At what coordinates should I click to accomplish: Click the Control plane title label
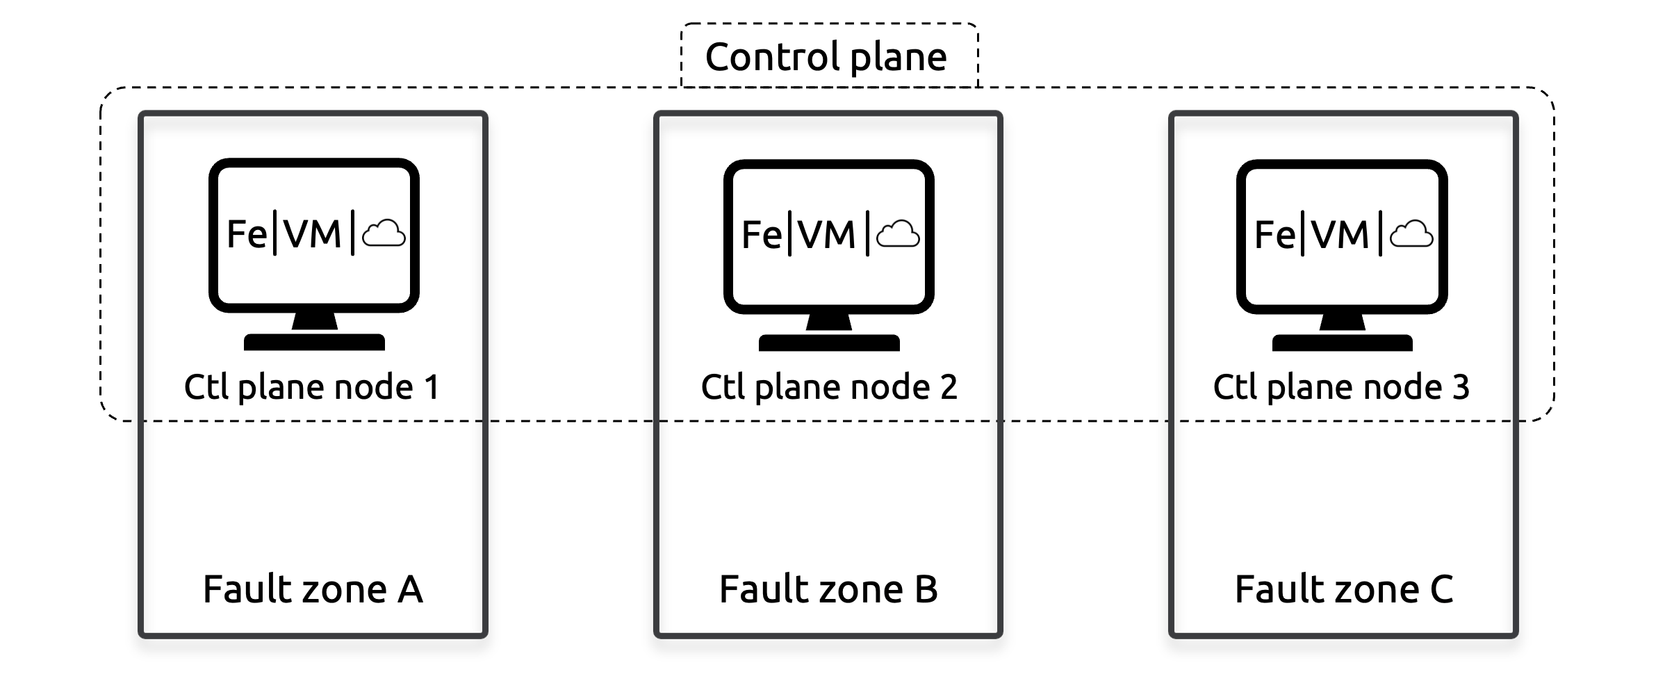(x=826, y=57)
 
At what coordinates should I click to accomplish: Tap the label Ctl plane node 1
(x=312, y=387)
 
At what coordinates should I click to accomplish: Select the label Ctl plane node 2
(x=828, y=387)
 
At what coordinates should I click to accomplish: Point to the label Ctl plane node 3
(x=1341, y=387)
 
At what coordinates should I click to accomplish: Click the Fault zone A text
(x=313, y=589)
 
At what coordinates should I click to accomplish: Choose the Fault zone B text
(x=828, y=589)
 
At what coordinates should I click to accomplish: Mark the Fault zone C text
(x=1343, y=589)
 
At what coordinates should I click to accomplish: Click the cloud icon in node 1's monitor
(x=384, y=233)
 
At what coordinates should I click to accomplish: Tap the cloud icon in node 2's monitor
(x=899, y=234)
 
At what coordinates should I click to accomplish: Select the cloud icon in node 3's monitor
(x=1411, y=234)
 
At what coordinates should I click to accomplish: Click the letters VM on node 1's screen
(x=313, y=234)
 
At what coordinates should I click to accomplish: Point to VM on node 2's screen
(x=827, y=235)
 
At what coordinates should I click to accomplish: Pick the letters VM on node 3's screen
(x=1340, y=235)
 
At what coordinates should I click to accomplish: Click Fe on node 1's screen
(x=247, y=234)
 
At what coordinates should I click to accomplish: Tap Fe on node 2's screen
(x=762, y=235)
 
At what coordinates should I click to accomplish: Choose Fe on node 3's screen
(x=1274, y=235)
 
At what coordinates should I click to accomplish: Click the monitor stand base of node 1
(x=314, y=342)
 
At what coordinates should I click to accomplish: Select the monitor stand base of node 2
(x=829, y=343)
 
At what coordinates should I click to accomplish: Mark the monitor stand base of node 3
(x=1342, y=343)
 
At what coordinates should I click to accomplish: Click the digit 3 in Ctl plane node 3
(x=1461, y=387)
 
